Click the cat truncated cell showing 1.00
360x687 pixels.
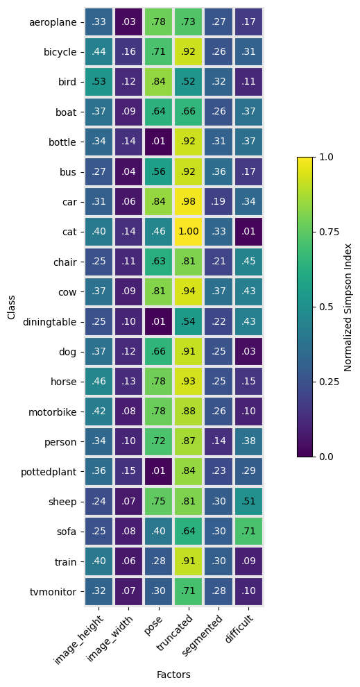(188, 231)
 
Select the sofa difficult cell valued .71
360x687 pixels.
(248, 532)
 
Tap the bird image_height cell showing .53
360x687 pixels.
(99, 81)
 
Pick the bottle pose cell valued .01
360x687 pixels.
(159, 142)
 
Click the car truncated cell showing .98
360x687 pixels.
(188, 201)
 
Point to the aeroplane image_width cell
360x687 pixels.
(129, 22)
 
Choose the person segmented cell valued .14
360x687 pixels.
(218, 441)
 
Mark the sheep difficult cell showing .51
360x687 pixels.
(248, 501)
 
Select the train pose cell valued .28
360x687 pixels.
(159, 561)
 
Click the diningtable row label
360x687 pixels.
(49, 322)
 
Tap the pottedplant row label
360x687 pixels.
(49, 472)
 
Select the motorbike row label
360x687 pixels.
(53, 412)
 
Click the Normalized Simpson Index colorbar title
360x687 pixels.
(348, 307)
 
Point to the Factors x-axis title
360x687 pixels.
(174, 675)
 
